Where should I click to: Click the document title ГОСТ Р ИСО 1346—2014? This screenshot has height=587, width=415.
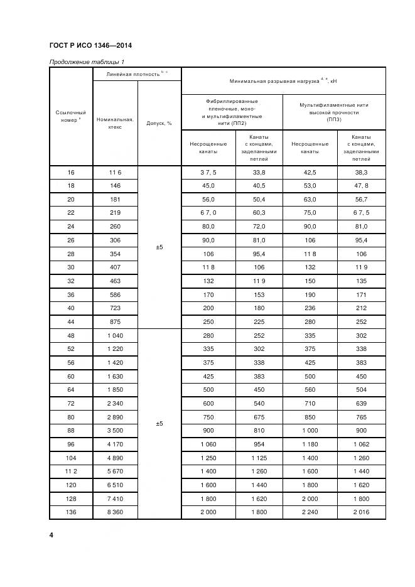90,46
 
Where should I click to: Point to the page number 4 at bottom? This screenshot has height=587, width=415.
51,535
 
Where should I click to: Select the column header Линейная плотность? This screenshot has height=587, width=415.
136,74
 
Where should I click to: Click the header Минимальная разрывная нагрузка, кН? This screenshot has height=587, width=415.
283,81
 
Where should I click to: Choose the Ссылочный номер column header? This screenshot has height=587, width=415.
70,116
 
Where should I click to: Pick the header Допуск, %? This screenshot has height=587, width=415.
159,123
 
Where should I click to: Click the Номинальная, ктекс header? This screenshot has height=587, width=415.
115,122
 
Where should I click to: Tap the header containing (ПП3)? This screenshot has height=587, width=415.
333,113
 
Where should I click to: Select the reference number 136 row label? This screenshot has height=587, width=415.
70,512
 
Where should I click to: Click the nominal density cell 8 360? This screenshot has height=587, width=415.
115,512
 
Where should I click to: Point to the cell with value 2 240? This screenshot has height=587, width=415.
310,512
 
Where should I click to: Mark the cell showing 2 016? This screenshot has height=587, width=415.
361,512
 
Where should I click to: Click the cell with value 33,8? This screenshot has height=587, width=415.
259,172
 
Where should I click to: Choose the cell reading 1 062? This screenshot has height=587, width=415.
361,444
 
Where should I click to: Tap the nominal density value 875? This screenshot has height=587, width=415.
115,321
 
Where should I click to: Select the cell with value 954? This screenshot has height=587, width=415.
259,444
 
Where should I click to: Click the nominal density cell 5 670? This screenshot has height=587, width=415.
115,471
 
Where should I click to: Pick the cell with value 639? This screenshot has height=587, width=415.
361,403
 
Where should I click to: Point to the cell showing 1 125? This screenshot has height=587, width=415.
259,458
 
